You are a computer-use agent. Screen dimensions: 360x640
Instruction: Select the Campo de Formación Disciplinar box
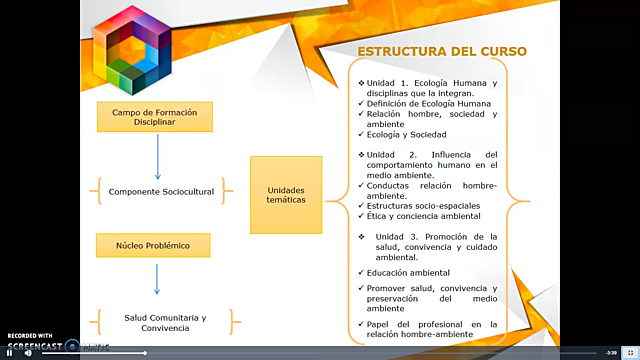tap(154, 116)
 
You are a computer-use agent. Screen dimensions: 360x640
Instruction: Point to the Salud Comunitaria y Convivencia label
tap(165, 322)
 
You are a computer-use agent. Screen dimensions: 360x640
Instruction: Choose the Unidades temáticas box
tap(286, 194)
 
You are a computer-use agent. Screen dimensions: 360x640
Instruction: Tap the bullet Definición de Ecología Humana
tap(416, 103)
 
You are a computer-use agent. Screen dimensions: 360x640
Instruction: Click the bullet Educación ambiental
tap(408, 272)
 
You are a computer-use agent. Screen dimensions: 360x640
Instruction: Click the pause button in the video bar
tap(12, 352)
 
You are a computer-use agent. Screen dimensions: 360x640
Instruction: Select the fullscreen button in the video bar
tap(629, 352)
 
